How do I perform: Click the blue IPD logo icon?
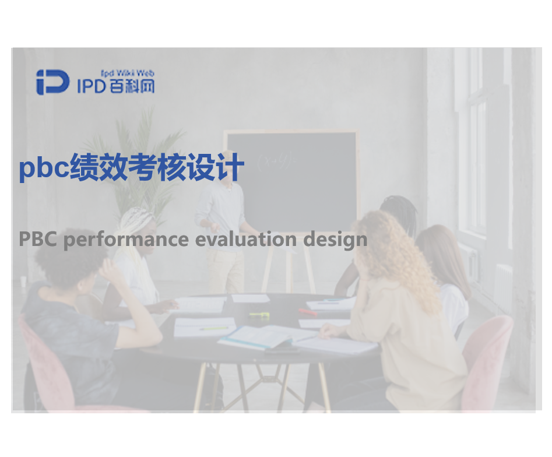[x=53, y=82]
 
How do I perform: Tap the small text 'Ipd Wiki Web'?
[x=128, y=73]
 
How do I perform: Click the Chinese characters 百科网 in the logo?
[x=132, y=86]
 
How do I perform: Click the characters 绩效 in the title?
[x=99, y=167]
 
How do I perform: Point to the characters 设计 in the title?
[x=216, y=167]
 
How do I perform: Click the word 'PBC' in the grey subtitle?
[x=38, y=239]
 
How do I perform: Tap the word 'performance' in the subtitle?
[x=126, y=240]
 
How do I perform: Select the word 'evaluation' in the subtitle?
[x=246, y=239]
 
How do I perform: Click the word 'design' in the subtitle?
[x=335, y=240]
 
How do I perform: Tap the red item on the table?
[x=307, y=312]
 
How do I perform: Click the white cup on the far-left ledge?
[x=23, y=282]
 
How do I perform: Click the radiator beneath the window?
[x=504, y=282]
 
